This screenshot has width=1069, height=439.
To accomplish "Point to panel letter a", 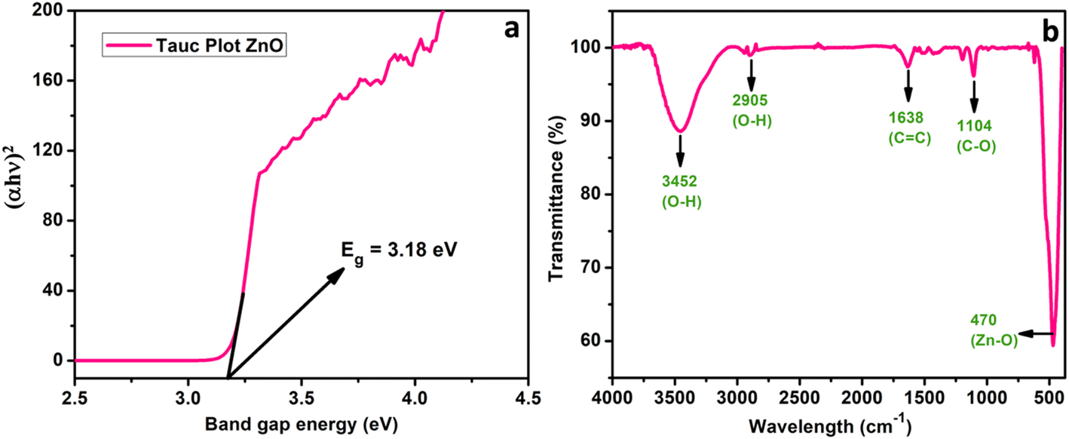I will pyautogui.click(x=512, y=29).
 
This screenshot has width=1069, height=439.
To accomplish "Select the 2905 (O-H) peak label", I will pyautogui.click(x=749, y=112).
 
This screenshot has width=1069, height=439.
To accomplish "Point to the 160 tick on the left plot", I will pyautogui.click(x=53, y=81).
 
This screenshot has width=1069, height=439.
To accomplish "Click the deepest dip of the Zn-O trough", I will pyautogui.click(x=1053, y=345).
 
